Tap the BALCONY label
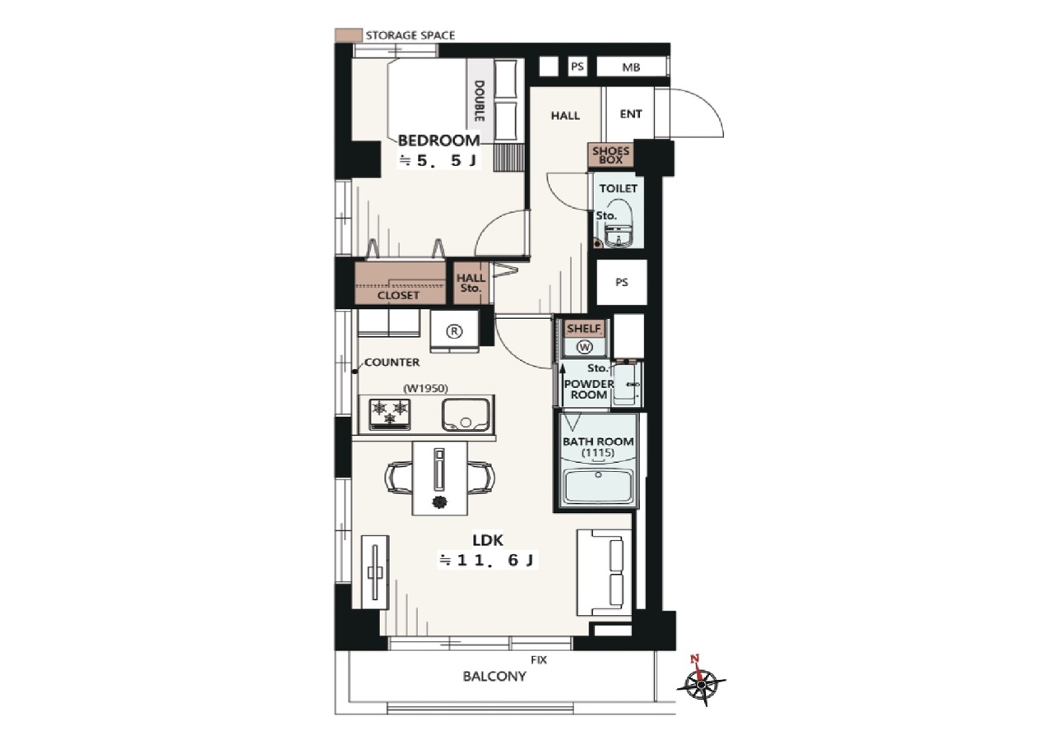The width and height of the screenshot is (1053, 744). click(494, 677)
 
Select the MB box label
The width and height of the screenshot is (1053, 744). click(631, 67)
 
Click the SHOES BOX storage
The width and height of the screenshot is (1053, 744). click(610, 155)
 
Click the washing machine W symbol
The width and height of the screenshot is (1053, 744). click(584, 347)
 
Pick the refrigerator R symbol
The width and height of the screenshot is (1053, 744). click(454, 331)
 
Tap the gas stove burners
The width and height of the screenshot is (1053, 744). click(390, 414)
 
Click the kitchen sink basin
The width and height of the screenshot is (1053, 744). click(466, 414)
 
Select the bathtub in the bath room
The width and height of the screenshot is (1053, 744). click(598, 486)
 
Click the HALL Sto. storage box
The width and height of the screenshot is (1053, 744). click(471, 283)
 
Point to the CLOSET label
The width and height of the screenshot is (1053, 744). click(398, 295)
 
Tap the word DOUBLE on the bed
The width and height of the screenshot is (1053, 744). click(479, 101)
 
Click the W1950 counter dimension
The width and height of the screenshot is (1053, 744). click(425, 388)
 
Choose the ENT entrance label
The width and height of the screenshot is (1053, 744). click(631, 114)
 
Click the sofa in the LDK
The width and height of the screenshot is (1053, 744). click(604, 572)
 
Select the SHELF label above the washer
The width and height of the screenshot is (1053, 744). click(584, 328)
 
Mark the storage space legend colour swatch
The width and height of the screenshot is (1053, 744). click(348, 35)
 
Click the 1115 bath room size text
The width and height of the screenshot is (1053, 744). click(598, 453)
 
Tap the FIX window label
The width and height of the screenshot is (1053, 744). click(539, 660)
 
